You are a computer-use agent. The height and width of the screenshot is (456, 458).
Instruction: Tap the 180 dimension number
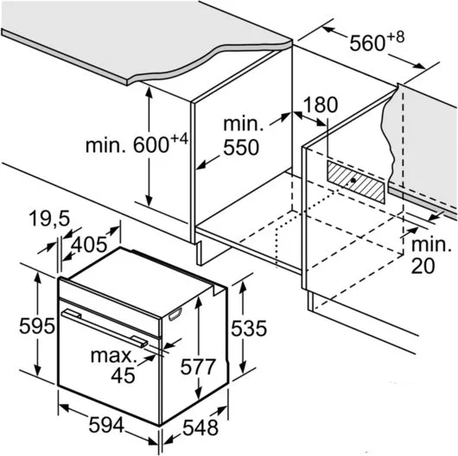point(321,104)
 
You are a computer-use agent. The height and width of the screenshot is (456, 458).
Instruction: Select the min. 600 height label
point(137,143)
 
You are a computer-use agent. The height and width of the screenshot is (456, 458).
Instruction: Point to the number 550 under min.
point(241,148)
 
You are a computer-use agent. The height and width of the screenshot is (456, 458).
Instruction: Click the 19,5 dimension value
point(49,218)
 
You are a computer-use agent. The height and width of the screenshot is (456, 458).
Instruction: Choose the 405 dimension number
point(89,244)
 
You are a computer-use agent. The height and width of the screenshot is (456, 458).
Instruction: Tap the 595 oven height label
point(37,326)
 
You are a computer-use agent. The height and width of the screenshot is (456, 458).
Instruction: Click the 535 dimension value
point(249,328)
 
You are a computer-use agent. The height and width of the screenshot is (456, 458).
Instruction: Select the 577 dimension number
point(198,367)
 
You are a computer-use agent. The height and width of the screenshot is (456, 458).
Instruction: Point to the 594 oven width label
point(106,425)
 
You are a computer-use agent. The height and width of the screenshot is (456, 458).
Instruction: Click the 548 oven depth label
point(200,427)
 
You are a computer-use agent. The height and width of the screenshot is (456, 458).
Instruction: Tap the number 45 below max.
point(123,375)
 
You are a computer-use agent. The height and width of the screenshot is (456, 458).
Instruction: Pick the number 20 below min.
point(423,266)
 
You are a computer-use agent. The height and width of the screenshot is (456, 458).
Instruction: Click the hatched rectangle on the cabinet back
point(356,181)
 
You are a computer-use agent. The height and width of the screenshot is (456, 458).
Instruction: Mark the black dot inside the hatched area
point(353,180)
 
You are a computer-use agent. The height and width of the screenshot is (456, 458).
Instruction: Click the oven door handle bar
point(105,328)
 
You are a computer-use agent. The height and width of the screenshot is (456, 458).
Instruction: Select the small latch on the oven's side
point(175,314)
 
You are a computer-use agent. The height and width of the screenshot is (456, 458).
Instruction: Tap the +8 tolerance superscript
point(397,37)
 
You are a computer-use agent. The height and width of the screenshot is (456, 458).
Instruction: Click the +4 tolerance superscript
point(179,139)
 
